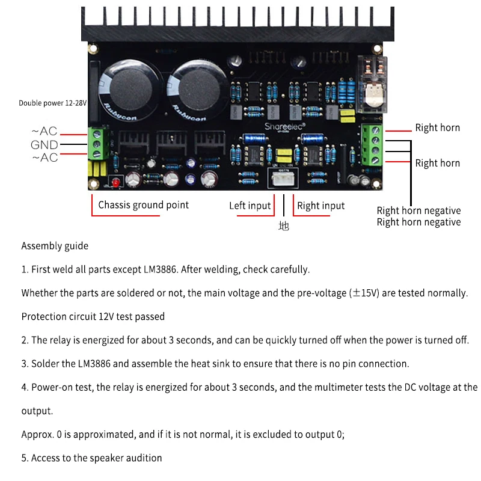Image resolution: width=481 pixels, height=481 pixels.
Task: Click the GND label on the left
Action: point(44,145)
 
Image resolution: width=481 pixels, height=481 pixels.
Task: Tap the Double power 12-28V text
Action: point(53,103)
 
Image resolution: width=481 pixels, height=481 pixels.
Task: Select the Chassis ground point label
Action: point(143,205)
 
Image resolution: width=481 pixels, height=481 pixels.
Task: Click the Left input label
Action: point(250,206)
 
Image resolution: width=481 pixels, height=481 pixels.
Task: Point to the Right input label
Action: point(320,206)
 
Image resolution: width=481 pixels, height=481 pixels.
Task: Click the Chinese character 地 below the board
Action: point(284,226)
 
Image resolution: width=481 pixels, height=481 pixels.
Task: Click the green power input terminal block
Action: point(99,144)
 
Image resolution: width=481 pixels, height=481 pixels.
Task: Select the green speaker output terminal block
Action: point(373,145)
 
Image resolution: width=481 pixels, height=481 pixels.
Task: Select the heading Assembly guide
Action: point(55,246)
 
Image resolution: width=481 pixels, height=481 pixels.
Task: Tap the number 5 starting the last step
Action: point(24,458)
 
